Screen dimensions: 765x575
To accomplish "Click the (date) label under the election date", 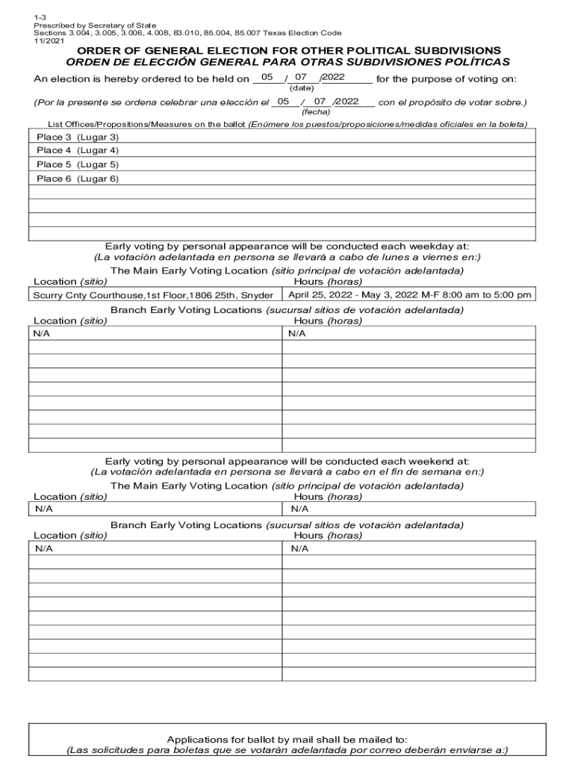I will click(302, 88).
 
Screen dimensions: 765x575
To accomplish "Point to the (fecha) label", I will click(315, 111).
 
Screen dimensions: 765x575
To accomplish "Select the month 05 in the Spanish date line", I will click(283, 101).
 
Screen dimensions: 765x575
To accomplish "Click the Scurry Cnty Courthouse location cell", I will click(153, 295).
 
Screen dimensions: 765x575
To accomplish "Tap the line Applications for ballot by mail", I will click(287, 738).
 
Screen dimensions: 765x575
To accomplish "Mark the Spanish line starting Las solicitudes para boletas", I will click(287, 750).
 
